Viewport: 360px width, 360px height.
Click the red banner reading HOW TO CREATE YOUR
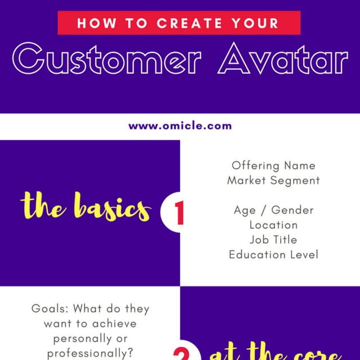point(179,23)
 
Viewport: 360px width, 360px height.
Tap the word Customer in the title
point(107,60)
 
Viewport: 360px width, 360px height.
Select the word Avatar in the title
point(283,60)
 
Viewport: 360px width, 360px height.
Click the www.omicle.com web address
point(180,125)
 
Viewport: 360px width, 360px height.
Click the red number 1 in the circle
point(179,214)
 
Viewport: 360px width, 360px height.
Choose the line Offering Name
point(273,166)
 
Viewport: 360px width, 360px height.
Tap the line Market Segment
point(273,181)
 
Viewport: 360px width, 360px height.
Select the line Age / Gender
point(273,210)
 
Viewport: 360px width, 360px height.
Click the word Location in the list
point(273,224)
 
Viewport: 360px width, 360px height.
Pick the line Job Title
point(273,239)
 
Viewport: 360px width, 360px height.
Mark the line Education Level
point(273,254)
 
